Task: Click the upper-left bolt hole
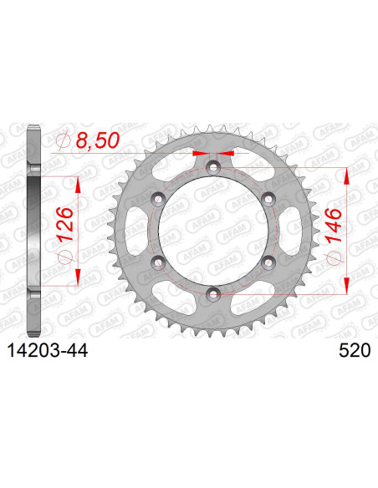click(x=158, y=199)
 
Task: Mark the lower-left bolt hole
click(x=158, y=262)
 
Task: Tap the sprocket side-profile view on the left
click(x=33, y=230)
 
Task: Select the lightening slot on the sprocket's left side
click(x=131, y=230)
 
